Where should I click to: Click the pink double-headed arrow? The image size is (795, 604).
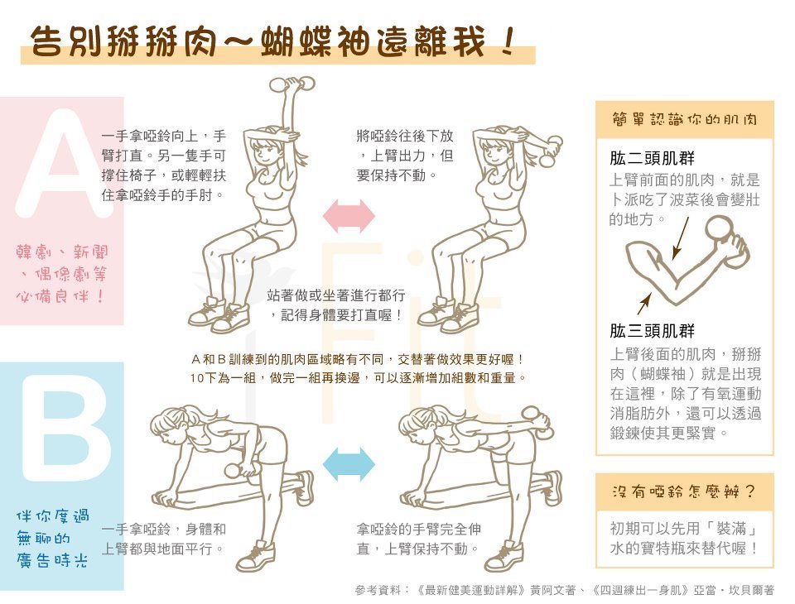[x=348, y=215]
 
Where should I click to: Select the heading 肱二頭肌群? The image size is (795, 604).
[x=652, y=159]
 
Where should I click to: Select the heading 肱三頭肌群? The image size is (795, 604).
[x=652, y=332]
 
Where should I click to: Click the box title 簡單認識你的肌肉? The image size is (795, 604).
[x=684, y=119]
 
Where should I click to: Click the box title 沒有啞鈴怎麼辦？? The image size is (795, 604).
[x=684, y=491]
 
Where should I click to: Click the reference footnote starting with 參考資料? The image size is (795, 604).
[x=564, y=590]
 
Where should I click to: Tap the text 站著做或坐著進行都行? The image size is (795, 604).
[x=336, y=295]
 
